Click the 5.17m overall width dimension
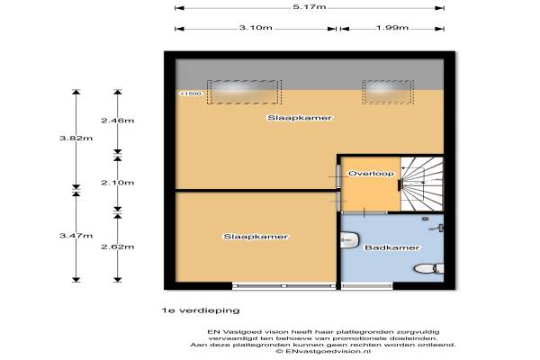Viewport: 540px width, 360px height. pos(309,7)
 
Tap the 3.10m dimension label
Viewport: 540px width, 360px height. pos(256,28)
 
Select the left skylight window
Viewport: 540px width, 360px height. pos(245,91)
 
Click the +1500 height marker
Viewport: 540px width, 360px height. pos(190,94)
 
